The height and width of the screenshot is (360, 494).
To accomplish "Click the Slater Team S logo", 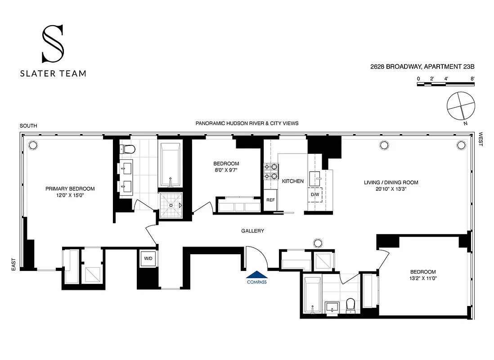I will [x=53, y=44].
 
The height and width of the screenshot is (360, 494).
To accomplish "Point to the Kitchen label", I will [x=292, y=181].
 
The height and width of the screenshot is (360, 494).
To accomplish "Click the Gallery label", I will [x=252, y=231].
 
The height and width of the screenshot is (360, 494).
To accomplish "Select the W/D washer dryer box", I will [x=148, y=259].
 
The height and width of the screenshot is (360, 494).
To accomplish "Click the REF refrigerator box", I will [x=270, y=200].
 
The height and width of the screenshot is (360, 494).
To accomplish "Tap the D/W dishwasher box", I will [x=314, y=194].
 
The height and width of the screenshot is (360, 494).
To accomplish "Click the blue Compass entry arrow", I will [x=256, y=276].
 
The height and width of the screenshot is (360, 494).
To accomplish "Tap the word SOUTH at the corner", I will [x=28, y=126].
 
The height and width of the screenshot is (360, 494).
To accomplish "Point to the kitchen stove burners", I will [x=272, y=171].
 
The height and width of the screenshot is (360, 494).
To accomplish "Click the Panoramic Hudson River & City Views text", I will [x=247, y=123].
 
